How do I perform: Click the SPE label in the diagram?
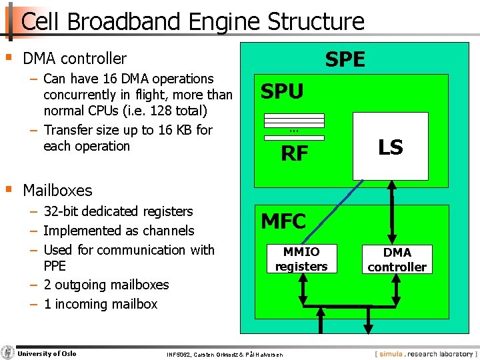[x=345, y=60]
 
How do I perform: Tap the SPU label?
[x=282, y=91]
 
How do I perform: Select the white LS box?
[x=390, y=146]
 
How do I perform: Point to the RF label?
[x=294, y=154]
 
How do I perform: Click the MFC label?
[x=283, y=221]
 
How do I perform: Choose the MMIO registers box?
[x=301, y=259]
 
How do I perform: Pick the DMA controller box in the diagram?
[x=397, y=259]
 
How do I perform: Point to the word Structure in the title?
[x=316, y=21]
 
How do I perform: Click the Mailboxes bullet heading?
[x=57, y=190]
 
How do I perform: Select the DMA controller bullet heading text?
[x=74, y=59]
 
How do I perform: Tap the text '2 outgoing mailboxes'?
[x=106, y=285]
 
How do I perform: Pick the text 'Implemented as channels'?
[x=119, y=231]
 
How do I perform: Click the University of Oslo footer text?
[x=47, y=353]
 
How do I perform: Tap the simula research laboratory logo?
[x=425, y=353]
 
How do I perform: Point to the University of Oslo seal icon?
[x=8, y=353]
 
